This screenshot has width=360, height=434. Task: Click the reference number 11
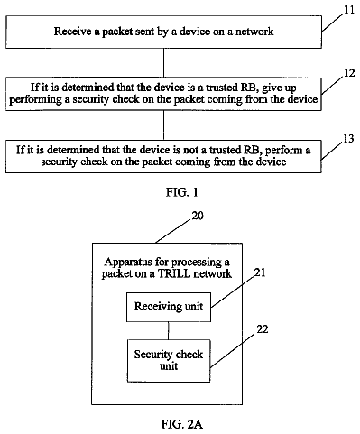pos(349,10)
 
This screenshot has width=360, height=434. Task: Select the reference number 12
pos(349,73)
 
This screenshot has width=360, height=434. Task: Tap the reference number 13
pos(348,139)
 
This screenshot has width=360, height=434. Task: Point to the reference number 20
pos(198,216)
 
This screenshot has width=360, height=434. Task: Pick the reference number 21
pos(260,272)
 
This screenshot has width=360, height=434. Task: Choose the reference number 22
pos(263,329)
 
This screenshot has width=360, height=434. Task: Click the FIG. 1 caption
pos(182,192)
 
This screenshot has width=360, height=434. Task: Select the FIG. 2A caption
pos(182,424)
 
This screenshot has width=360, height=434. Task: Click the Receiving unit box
pos(169,307)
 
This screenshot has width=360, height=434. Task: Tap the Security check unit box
pos(169,361)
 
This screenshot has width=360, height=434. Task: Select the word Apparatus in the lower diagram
pos(124,263)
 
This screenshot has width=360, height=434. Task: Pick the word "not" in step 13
pos(198,150)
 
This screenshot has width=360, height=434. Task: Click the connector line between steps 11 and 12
pos(163,63)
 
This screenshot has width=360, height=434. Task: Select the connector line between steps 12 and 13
pos(163,125)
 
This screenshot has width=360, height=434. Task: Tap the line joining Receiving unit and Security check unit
pos(169,331)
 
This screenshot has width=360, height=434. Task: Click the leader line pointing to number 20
pos(173,231)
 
